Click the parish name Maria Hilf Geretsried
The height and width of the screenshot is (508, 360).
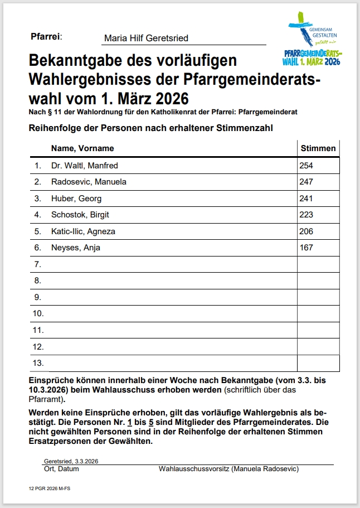tap(146, 38)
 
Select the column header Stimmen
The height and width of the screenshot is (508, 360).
tap(318, 148)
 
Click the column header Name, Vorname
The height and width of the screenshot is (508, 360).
tap(82, 148)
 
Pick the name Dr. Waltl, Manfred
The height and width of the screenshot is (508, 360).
tap(84, 166)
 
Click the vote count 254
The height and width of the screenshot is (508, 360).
tap(307, 166)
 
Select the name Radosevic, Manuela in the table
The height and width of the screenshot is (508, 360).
tap(89, 182)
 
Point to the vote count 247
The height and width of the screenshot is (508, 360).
tap(307, 182)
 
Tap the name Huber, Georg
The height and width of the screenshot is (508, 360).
tap(76, 199)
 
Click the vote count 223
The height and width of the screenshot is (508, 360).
tap(307, 215)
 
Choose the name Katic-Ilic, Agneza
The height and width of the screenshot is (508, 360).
tap(83, 231)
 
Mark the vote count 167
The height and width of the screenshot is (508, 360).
tap(307, 248)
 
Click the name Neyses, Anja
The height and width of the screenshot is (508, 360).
tap(76, 248)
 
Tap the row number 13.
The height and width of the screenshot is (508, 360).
tap(38, 363)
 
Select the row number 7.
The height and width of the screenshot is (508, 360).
tap(38, 264)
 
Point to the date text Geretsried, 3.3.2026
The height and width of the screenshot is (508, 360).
tap(70, 462)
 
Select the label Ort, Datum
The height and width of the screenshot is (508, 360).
tap(61, 469)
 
